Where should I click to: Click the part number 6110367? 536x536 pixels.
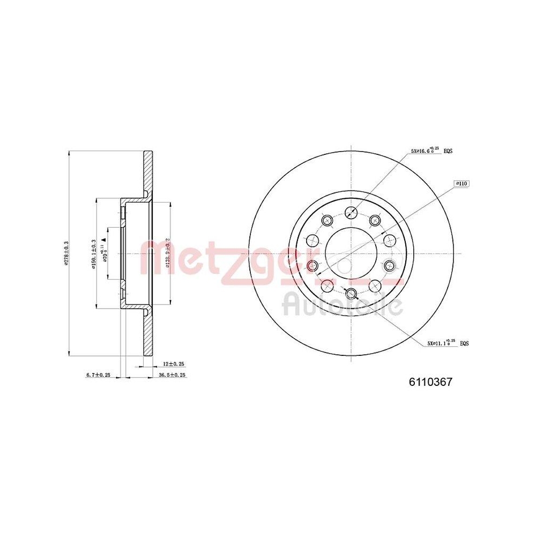tap(431, 382)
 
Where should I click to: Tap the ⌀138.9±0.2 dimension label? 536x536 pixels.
tap(168, 252)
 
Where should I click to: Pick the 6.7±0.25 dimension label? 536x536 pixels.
tap(98, 375)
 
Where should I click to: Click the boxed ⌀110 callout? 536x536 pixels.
tap(461, 183)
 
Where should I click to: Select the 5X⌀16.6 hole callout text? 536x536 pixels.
tap(425, 151)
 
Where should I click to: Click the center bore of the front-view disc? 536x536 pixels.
tap(351, 252)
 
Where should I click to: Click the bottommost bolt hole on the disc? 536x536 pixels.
tap(351, 293)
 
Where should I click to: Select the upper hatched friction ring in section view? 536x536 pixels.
tap(147, 171)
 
